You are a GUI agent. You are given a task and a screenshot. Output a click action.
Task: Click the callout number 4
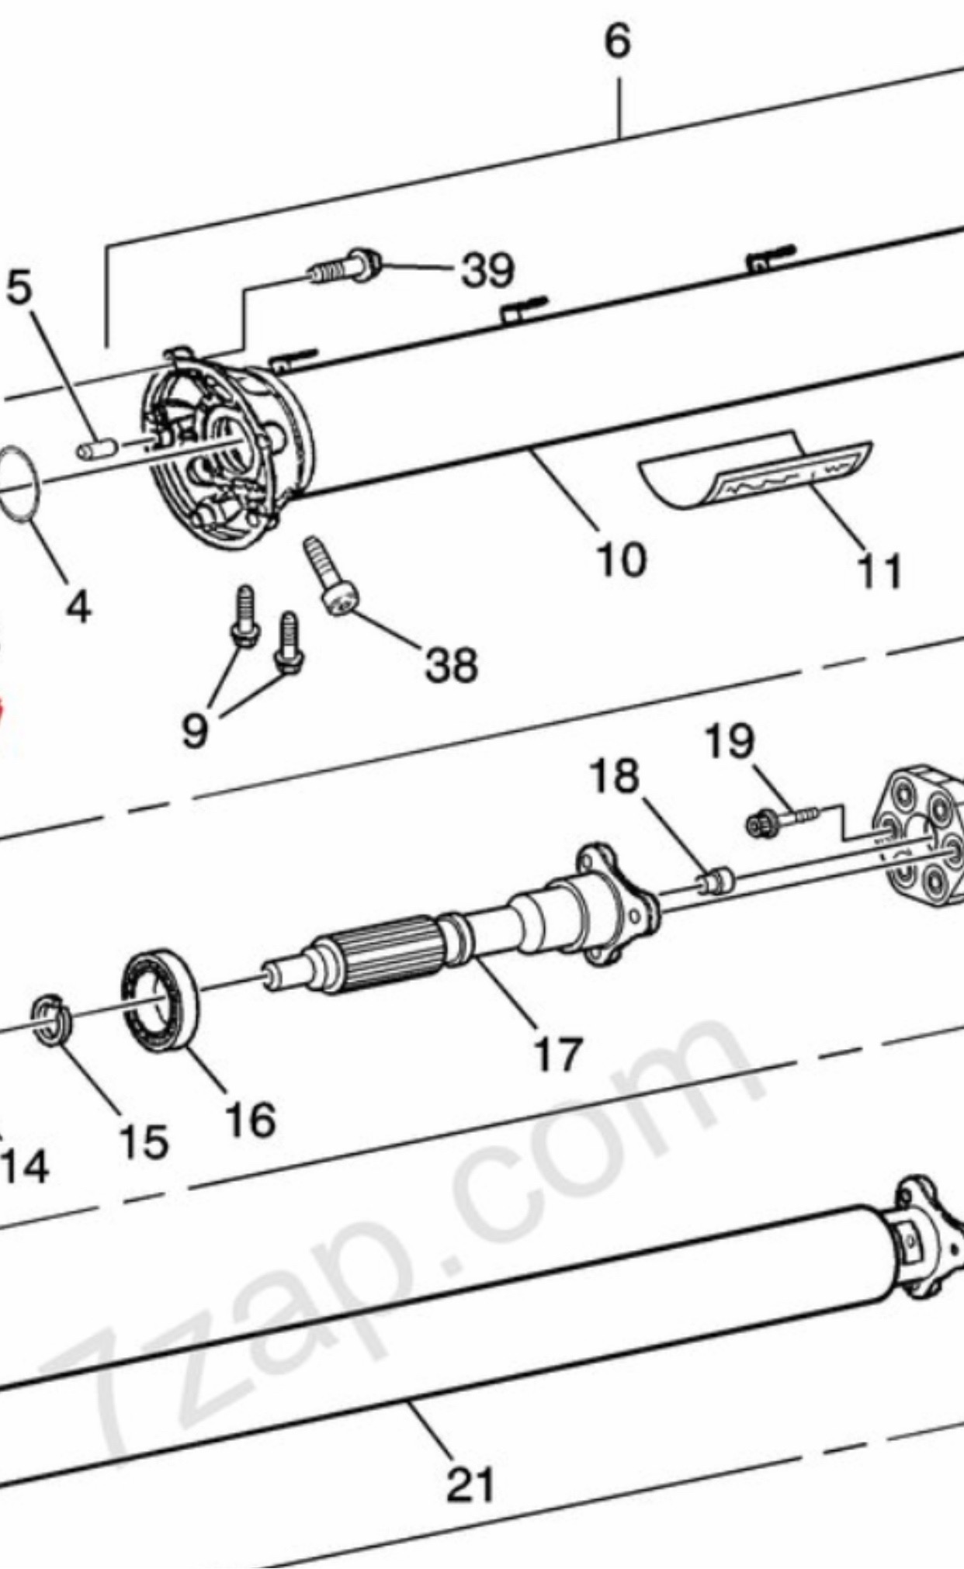click(78, 605)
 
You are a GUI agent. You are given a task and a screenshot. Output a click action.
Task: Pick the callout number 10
click(621, 559)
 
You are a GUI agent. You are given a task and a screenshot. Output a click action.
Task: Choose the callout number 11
click(879, 572)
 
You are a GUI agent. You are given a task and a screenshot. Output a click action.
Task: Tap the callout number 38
click(451, 665)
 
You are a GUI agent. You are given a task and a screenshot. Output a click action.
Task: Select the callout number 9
click(195, 729)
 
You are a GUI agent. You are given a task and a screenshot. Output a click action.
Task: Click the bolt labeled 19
click(780, 819)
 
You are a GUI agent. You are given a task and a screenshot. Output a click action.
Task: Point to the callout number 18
click(616, 775)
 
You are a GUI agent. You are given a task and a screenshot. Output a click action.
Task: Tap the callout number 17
click(558, 1054)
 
